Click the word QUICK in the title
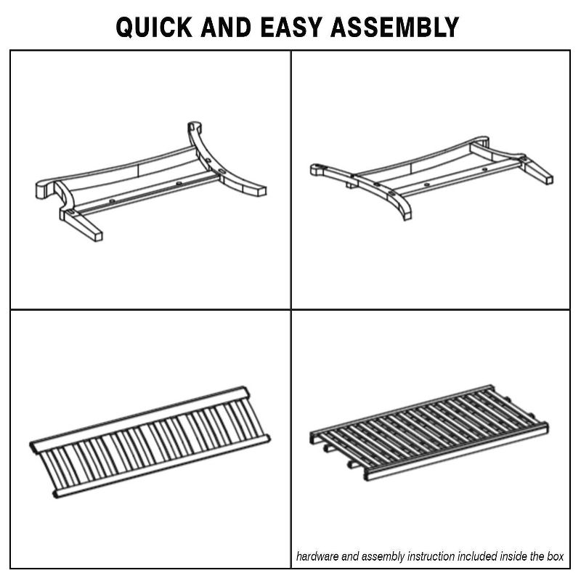pos(155,27)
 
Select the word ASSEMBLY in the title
pos(394,27)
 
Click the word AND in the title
pos(226,27)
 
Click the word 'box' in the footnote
pos(556,556)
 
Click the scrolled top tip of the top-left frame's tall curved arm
pos(195,125)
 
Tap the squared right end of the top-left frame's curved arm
pos(261,192)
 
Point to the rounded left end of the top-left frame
pos(41,188)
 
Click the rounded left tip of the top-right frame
pos(315,169)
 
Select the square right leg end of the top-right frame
pos(548,180)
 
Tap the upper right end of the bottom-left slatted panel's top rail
pos(245,393)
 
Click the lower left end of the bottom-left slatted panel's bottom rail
pos(57,494)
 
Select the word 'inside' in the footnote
pos(513,556)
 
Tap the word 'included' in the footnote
pos(477,556)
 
